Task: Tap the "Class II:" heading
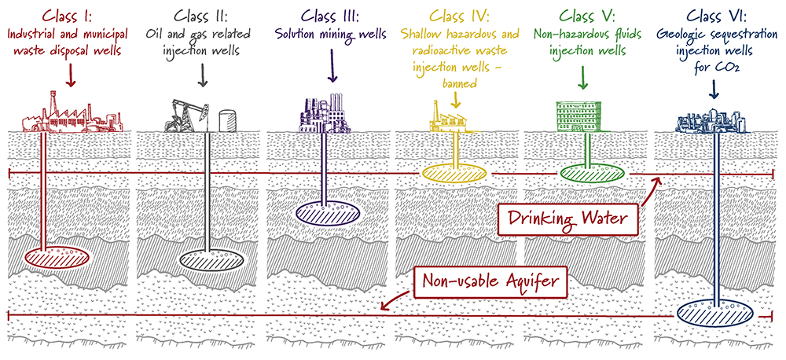pos(204,15)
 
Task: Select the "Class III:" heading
pos(331,15)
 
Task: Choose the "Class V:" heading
pos(582,15)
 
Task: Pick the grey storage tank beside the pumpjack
pos(226,119)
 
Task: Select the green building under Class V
pos(582,116)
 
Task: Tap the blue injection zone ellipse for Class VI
pos(714,313)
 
